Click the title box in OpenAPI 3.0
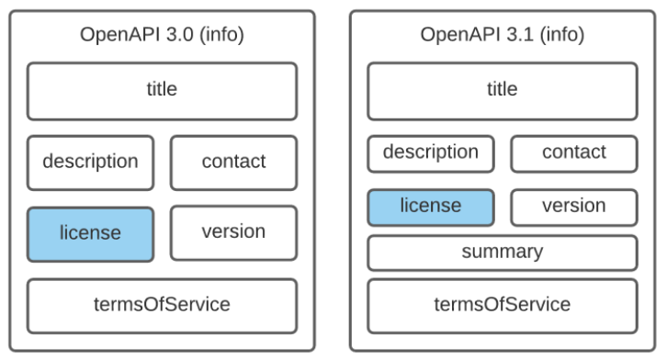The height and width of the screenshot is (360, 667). coord(162,90)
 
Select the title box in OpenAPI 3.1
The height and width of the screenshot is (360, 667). coord(502,90)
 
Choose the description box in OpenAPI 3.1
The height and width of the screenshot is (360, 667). coord(431,152)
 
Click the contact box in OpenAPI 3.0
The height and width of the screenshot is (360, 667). coord(233,162)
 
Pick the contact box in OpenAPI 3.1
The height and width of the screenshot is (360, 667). coord(573,152)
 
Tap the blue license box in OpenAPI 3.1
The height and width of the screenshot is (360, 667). coord(431,207)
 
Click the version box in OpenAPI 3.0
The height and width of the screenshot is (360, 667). coord(233,232)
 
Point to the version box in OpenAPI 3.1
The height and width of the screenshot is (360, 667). coord(573,207)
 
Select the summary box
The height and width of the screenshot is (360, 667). coord(502,252)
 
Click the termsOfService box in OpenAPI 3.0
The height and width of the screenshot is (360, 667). coord(162,305)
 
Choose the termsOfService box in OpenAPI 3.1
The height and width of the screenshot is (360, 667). coord(502,305)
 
